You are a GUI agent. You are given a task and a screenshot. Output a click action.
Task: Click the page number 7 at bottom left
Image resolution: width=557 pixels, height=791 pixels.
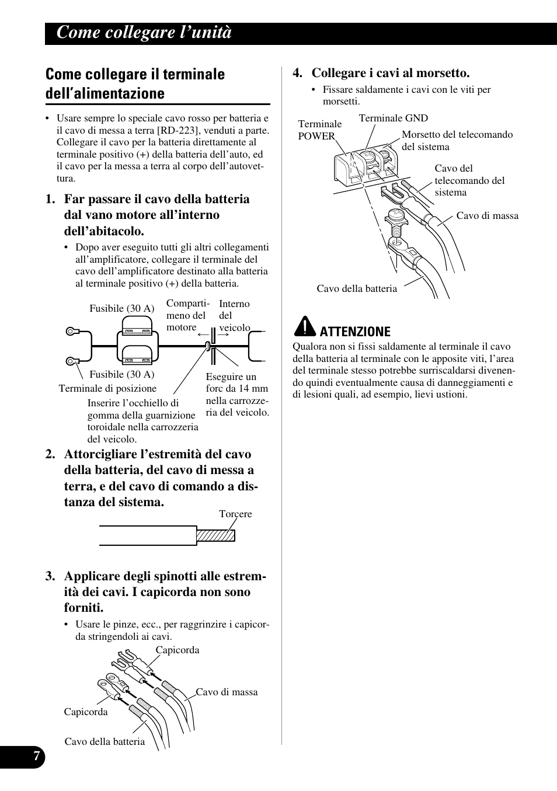pyautogui.click(x=36, y=757)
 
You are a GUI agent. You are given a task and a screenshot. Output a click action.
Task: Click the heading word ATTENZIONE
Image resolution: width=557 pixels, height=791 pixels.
pyautogui.click(x=355, y=332)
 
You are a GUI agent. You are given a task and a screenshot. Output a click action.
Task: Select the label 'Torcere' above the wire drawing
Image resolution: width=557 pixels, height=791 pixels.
pyautogui.click(x=235, y=514)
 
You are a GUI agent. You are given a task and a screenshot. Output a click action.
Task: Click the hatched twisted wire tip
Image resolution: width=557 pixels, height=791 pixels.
pyautogui.click(x=215, y=535)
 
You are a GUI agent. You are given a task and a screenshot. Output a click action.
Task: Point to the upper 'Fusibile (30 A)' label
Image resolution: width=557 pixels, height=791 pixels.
pyautogui.click(x=121, y=308)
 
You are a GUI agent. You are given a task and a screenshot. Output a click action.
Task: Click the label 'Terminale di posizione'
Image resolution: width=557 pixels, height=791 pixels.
pyautogui.click(x=107, y=388)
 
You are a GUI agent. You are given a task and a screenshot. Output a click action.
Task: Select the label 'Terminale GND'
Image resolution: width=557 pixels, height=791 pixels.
pyautogui.click(x=393, y=118)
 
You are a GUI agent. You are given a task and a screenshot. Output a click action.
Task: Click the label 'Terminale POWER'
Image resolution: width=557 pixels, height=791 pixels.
pyautogui.click(x=319, y=130)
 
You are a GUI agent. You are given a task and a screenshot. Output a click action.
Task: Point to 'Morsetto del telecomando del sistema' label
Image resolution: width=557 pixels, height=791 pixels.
pyautogui.click(x=457, y=141)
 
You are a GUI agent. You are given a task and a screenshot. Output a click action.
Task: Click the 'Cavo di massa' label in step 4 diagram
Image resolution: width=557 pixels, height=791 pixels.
pyautogui.click(x=487, y=215)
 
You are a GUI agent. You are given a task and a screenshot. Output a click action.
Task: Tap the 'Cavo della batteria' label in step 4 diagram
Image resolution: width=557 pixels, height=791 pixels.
pyautogui.click(x=357, y=288)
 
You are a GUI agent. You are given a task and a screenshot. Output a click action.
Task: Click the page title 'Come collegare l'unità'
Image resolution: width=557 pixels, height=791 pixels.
pyautogui.click(x=144, y=33)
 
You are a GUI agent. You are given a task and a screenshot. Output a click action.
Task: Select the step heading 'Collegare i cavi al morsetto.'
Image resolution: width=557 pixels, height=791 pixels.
pyautogui.click(x=390, y=73)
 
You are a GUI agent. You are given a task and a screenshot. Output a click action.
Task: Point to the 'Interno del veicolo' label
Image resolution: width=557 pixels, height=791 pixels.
pyautogui.click(x=234, y=315)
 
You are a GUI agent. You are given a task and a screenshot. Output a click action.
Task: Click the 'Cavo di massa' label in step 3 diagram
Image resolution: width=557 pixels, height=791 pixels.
pyautogui.click(x=227, y=692)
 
